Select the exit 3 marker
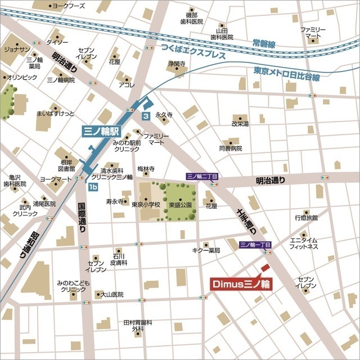pos(146,116)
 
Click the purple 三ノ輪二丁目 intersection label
pos(202,176)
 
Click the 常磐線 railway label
pos(264,43)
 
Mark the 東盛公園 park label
pos(182,205)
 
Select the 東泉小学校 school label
pos(146,205)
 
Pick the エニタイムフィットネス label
pos(304,243)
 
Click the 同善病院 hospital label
pos(230,148)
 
